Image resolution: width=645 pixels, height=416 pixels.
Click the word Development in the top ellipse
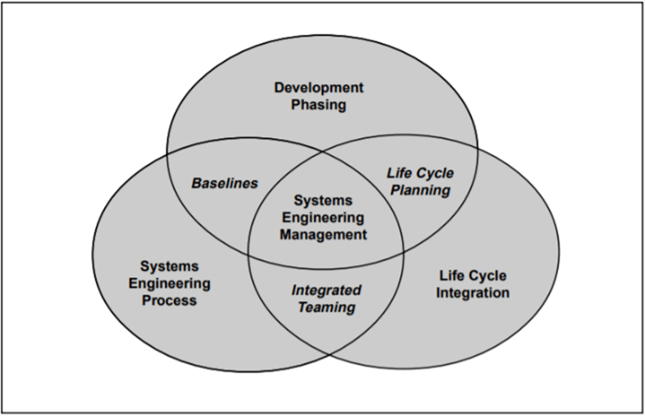pos(319,87)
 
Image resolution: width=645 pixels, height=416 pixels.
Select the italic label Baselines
pos(225,183)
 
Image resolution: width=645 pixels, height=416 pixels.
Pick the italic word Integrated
pos(326,290)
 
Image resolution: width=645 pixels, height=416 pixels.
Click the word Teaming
pos(326,307)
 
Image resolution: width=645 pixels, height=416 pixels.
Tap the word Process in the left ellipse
pos(169,300)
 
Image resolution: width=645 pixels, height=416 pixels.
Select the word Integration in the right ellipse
pos(473,293)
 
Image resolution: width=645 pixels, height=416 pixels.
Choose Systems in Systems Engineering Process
pos(169,266)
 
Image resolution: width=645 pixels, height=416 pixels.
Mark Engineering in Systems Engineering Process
pos(169,283)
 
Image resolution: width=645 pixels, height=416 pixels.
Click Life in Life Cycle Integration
pos(452,276)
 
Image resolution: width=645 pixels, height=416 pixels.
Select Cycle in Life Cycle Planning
pos(435,173)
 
